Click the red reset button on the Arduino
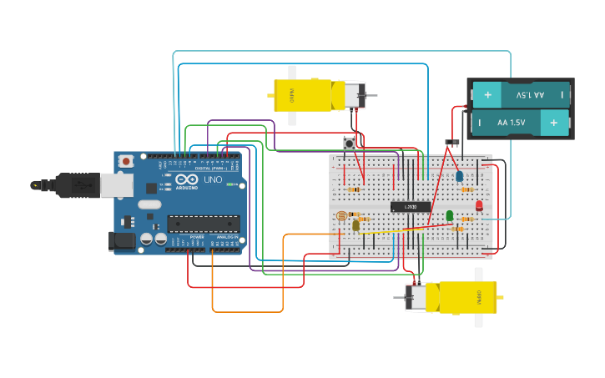coord(126,160)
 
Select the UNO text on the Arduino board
coord(213,179)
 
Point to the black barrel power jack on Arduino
coord(121,242)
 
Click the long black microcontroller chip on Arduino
coord(204,223)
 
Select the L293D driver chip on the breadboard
coord(411,207)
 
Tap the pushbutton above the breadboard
coord(350,143)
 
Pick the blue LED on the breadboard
coord(459,176)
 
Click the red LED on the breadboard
coord(479,205)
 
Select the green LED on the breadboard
coord(450,216)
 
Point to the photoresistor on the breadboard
coord(340,216)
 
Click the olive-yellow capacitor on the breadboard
coord(356,224)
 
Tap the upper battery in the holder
coord(521,95)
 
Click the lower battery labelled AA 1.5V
coord(521,123)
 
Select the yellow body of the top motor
coord(305,94)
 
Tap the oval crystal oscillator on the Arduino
coord(149,204)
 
